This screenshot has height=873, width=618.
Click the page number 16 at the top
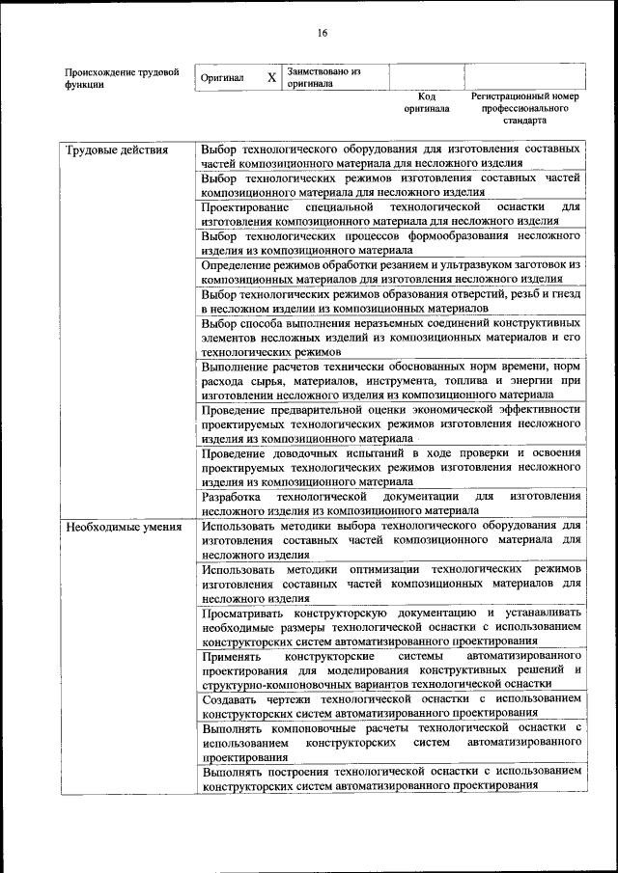coord(323,33)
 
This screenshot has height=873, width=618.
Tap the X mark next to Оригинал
coord(271,77)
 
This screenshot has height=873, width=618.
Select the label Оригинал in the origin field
coord(222,77)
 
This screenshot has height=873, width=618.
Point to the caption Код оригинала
coord(427,102)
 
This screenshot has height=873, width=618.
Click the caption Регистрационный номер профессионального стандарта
coord(524,109)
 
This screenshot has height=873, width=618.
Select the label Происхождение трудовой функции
coord(122,77)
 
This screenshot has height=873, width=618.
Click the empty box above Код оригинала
coord(427,77)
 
